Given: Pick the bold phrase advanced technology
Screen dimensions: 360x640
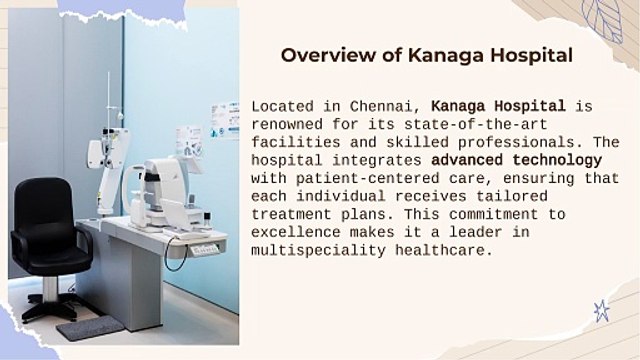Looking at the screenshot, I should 516,160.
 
